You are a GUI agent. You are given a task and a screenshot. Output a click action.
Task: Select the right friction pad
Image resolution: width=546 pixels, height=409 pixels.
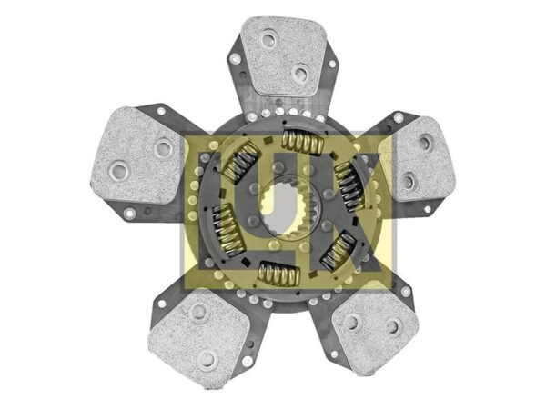click(x=420, y=159)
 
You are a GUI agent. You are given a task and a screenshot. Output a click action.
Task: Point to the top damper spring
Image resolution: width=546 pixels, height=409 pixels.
click(x=303, y=142)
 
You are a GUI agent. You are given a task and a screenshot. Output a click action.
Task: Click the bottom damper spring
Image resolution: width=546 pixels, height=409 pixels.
click(x=279, y=274)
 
